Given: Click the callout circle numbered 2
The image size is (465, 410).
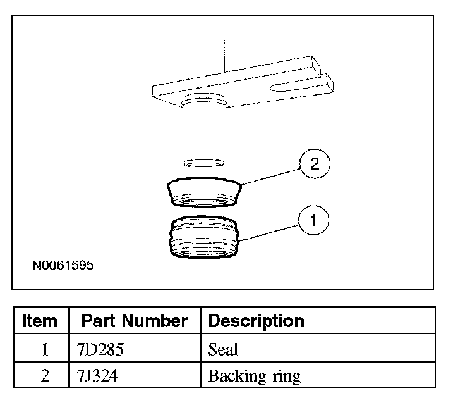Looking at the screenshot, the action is (x=315, y=164).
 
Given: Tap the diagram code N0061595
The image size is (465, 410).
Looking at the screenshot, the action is (x=63, y=266).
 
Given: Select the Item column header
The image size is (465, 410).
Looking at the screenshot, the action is (x=39, y=321).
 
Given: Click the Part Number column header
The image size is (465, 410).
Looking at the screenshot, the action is (x=134, y=321).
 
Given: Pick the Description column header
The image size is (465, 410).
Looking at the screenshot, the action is (x=256, y=321).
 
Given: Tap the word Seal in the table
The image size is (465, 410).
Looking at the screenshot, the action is (x=223, y=349).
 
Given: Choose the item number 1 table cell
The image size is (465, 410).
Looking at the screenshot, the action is (x=45, y=349).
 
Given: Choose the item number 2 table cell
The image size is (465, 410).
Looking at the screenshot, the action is (x=45, y=376).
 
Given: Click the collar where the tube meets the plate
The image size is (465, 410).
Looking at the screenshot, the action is (x=203, y=102).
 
